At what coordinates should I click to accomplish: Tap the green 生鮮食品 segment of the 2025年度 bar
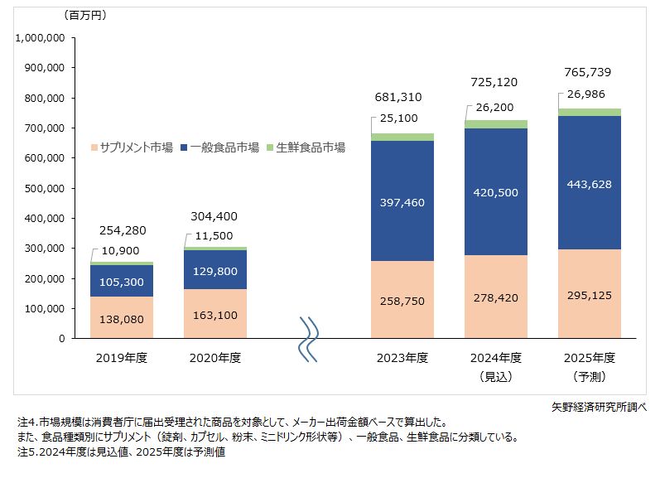[589, 113]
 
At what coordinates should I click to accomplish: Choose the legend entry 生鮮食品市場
[308, 147]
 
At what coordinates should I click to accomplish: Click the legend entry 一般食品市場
[224, 147]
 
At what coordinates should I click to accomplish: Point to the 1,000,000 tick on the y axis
[41, 38]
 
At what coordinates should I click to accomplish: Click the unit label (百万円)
[84, 15]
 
